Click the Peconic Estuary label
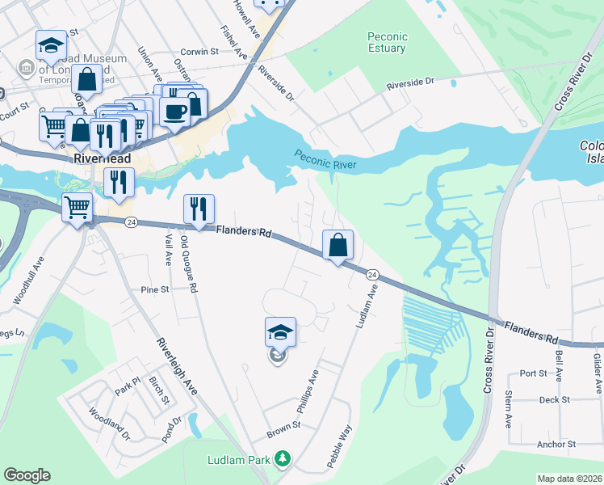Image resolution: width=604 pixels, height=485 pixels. [388, 42]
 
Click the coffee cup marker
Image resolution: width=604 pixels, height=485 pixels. [174, 112]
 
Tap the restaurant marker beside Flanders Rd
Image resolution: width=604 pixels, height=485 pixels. [199, 210]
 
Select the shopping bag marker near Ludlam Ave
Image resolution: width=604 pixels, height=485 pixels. [338, 244]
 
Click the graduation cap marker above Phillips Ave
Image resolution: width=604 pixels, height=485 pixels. [279, 331]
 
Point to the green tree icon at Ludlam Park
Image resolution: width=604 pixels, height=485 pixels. [282, 459]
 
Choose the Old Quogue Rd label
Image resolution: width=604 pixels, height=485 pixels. [188, 266]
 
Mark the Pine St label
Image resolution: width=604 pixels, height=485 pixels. [153, 289]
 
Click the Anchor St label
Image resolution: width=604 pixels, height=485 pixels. [555, 444]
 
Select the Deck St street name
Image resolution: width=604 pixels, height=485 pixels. [555, 399]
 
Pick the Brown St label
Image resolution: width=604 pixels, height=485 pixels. [283, 425]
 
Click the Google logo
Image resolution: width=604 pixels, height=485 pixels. [27, 475]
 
